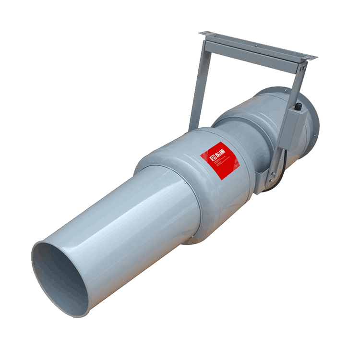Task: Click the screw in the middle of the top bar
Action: coord(256,46)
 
